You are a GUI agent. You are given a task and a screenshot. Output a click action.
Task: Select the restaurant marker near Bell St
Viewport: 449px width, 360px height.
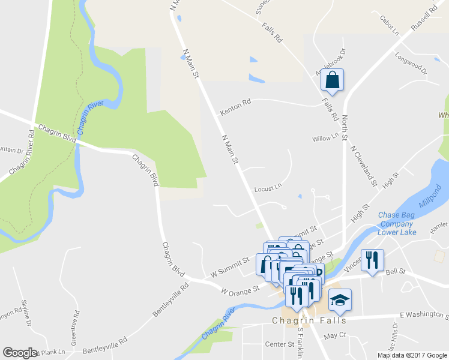(x=373, y=260)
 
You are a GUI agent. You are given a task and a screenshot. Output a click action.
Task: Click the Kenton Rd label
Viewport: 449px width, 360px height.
(x=235, y=108)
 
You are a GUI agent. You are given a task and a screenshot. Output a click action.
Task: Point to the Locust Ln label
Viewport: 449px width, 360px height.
(x=268, y=188)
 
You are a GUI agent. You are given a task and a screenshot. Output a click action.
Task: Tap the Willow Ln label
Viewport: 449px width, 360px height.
(x=326, y=139)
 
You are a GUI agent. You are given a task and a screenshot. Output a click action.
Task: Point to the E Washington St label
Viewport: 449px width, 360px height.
(x=423, y=314)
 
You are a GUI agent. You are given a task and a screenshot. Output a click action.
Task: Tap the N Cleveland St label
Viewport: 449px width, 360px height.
(x=364, y=165)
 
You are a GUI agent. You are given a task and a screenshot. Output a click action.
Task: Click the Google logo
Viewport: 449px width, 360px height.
(x=20, y=353)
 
